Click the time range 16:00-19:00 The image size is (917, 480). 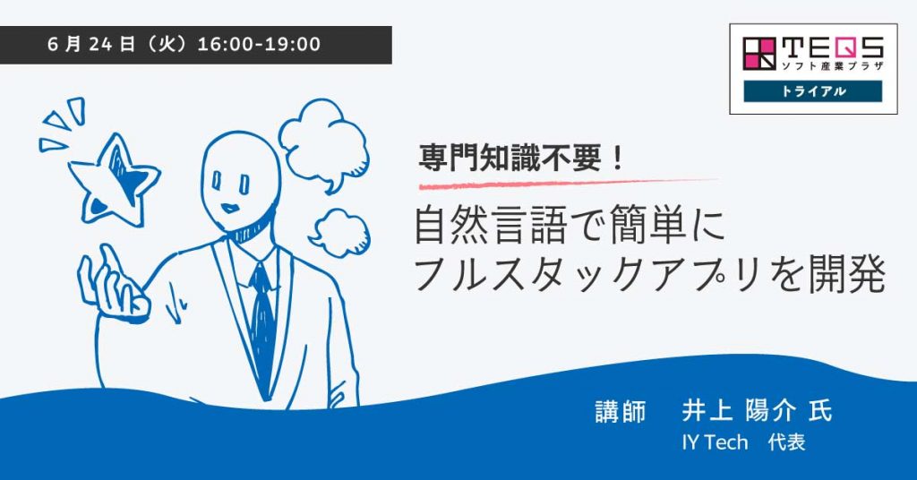259,45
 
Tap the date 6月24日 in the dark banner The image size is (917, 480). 92,45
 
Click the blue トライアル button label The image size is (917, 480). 813,91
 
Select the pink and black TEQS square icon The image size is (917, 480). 759,53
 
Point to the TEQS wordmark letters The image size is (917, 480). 832,47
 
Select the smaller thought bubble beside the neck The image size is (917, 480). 339,232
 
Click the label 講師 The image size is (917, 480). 621,411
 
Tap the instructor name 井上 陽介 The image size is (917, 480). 739,410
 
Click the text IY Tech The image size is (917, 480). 715,442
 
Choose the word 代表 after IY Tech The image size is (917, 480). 786,442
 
